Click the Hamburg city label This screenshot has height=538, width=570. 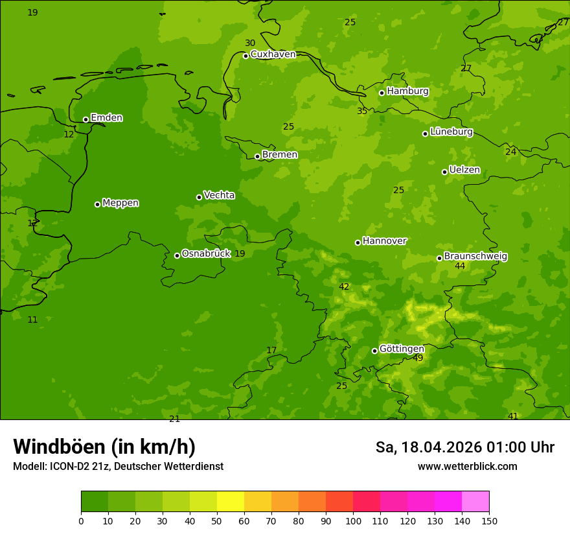click(x=407, y=91)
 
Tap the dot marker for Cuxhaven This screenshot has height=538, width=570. click(x=245, y=56)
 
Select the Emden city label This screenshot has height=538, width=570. click(x=106, y=118)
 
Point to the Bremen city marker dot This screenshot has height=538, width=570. click(x=257, y=156)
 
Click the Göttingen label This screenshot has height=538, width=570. click(x=402, y=349)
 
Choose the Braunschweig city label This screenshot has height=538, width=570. click(x=475, y=257)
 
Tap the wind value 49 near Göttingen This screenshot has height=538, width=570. click(x=418, y=358)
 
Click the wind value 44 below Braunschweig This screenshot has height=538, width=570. click(x=460, y=266)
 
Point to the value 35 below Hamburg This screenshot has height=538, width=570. click(x=362, y=111)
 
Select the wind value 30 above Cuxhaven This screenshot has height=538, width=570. click(x=250, y=43)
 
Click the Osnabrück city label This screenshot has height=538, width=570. click(x=206, y=253)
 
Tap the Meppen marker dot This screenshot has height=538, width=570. click(x=97, y=204)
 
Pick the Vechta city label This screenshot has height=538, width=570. click(x=219, y=195)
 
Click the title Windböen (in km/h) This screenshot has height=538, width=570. click(x=104, y=447)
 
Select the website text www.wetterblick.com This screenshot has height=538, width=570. click(x=467, y=467)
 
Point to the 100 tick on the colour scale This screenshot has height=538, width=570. click(x=353, y=520)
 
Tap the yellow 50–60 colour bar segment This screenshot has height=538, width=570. click(x=231, y=502)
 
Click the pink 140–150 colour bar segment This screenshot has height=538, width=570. click(x=475, y=502)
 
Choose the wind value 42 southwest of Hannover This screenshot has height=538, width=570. click(x=344, y=287)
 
